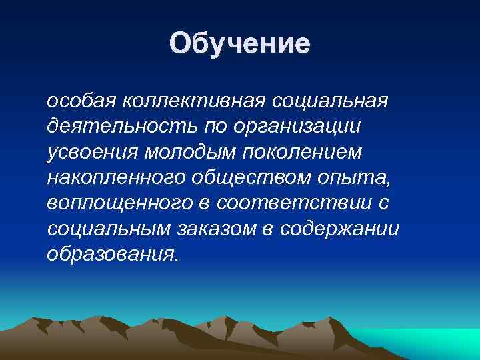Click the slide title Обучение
(239, 44)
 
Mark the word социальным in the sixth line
(110, 228)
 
